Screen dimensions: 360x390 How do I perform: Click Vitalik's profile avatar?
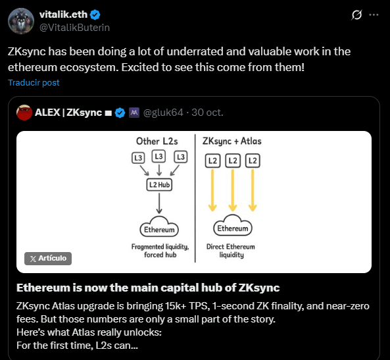pos(21,21)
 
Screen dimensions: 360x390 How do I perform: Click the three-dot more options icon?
pos(374,14)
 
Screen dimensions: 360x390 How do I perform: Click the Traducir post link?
pos(34,82)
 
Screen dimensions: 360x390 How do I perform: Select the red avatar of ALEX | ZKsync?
pos(25,113)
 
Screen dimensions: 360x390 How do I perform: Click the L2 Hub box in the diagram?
pos(158,186)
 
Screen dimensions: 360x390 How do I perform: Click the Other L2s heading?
pos(157,141)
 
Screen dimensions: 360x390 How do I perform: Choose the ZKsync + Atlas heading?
pos(232,141)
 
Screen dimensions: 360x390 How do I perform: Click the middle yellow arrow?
pos(233,191)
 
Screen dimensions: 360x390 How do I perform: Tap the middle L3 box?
pos(158,157)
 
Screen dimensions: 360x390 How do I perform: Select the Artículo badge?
pos(48,258)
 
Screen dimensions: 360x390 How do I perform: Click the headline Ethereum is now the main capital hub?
pos(148,288)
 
